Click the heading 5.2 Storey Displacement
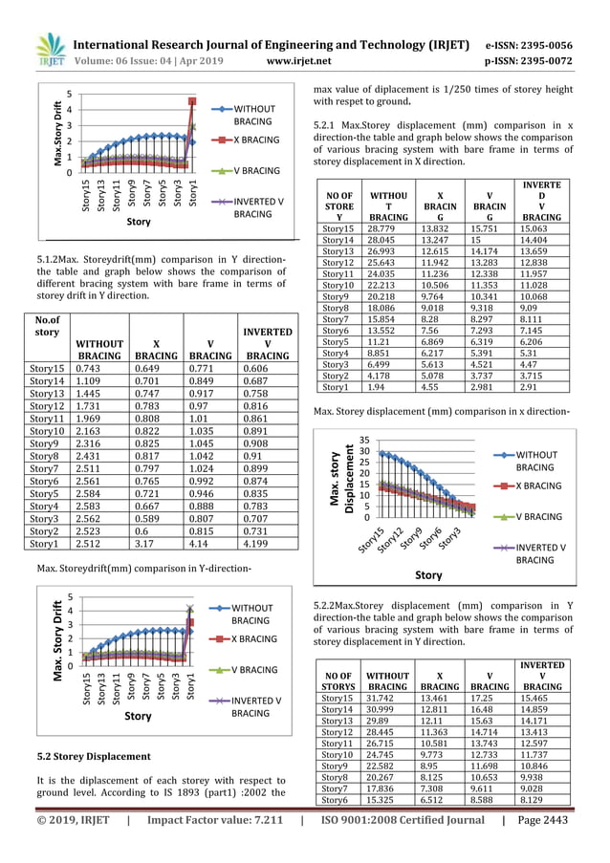pos(94,756)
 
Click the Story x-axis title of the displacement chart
pos(428,575)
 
